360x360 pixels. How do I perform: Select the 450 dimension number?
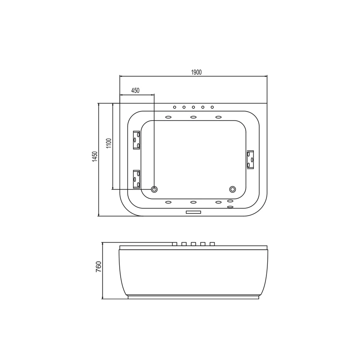(135, 90)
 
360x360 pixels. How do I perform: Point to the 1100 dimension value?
(108, 144)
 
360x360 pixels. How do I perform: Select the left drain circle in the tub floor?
(154, 189)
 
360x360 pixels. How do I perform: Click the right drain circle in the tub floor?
(233, 189)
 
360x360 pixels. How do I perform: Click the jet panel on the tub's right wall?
(251, 159)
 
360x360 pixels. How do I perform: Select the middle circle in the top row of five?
(193, 107)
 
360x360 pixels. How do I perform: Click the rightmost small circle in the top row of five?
(212, 107)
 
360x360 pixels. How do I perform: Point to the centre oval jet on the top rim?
(193, 117)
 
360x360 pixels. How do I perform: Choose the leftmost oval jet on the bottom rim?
(168, 202)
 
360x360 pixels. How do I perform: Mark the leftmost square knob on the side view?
(175, 244)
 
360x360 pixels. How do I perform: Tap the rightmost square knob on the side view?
(212, 244)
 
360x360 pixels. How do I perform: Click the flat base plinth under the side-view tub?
(193, 297)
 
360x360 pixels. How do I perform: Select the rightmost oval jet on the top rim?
(219, 117)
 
